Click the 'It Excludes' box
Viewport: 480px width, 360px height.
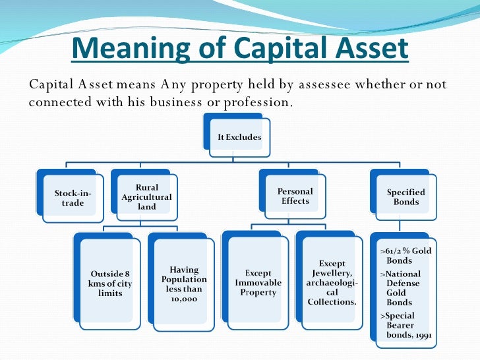click(239, 137)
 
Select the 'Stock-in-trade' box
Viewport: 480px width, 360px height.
click(73, 197)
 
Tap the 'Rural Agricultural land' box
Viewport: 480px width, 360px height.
click(146, 197)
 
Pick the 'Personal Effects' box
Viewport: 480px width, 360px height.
click(295, 196)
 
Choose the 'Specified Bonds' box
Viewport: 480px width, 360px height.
click(405, 197)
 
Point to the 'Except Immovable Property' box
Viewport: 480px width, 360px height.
click(258, 283)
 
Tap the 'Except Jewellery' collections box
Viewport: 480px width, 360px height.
click(332, 283)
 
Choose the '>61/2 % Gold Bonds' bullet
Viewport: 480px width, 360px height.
click(405, 256)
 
